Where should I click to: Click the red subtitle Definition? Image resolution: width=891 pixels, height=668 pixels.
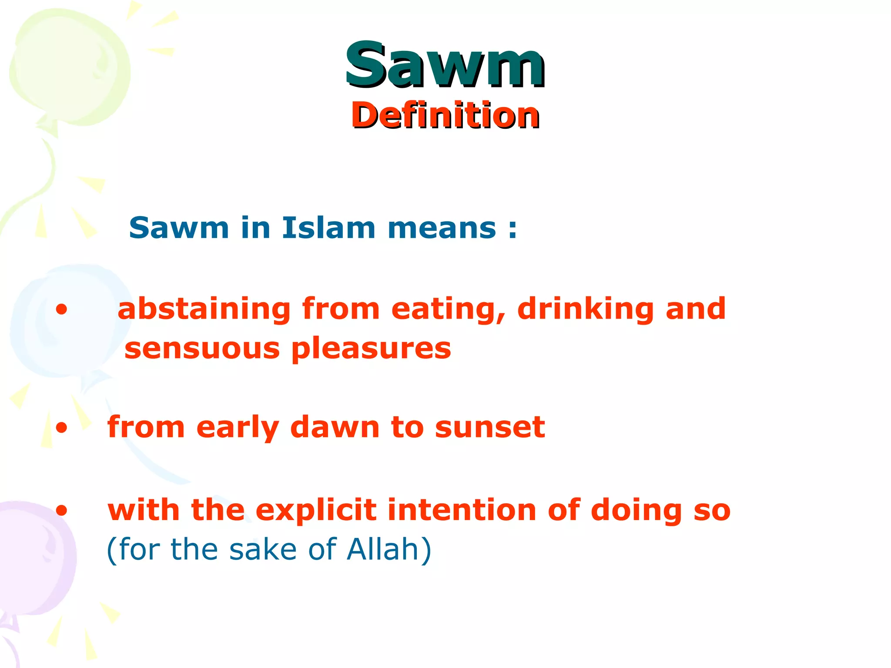445,115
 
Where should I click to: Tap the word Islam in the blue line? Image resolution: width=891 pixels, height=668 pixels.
328,227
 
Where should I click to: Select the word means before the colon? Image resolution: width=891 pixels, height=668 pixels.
442,228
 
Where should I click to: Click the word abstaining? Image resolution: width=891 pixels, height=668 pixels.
204,310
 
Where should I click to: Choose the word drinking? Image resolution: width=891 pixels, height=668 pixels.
586,310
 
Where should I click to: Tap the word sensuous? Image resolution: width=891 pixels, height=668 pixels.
202,349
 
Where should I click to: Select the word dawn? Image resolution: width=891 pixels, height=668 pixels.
335,427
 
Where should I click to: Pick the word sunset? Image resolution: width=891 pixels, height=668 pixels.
490,427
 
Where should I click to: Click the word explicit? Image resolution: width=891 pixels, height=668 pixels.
316,511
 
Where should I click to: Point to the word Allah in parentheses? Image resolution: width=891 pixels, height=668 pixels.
383,549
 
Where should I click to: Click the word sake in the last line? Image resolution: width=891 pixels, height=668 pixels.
263,549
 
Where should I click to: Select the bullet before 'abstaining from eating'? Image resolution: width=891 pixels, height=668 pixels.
62,310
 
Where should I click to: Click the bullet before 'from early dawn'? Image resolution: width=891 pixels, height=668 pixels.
62,428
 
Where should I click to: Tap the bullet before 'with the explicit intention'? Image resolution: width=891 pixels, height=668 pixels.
62,510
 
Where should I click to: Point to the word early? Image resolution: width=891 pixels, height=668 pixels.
238,428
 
